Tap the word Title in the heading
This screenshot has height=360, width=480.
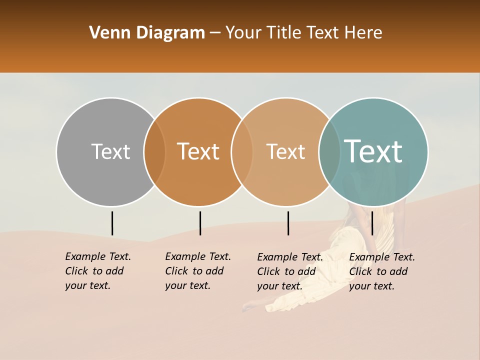point(283,33)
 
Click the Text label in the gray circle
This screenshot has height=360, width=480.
point(110,151)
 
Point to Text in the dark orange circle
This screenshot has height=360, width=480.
point(198,151)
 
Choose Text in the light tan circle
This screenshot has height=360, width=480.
point(285,151)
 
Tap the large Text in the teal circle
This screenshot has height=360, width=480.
point(373,151)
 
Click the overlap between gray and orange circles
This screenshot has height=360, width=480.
point(154,151)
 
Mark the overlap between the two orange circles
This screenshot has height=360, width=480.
point(242,151)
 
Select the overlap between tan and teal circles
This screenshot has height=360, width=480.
point(329,151)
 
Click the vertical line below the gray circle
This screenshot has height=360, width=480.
point(112,223)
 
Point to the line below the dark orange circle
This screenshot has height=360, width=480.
point(200,223)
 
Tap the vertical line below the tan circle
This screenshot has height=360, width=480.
point(288,223)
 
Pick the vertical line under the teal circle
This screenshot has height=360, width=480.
point(372,223)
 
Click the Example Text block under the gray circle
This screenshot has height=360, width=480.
point(98,271)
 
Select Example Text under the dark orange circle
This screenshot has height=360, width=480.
point(198,271)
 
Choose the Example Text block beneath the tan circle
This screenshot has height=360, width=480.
point(290,271)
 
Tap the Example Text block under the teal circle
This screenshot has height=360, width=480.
point(382,271)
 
